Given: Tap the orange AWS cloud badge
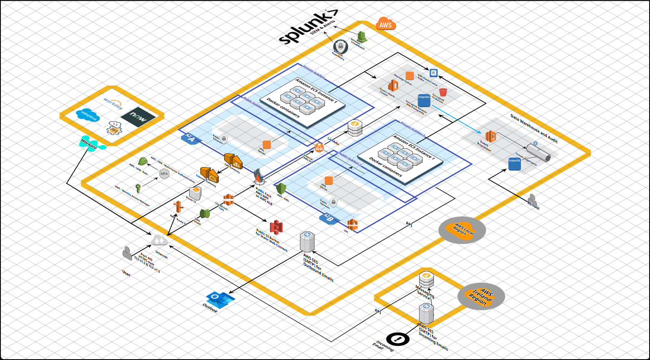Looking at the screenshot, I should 386,24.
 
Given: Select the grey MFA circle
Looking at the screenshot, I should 164,174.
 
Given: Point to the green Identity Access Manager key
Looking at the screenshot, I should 138,187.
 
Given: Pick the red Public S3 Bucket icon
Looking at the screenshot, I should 276,227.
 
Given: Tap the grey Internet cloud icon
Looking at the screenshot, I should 159,240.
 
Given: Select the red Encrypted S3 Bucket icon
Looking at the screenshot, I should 443,92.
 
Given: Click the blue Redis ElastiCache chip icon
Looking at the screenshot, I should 433,72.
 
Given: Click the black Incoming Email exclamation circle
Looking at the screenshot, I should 398,339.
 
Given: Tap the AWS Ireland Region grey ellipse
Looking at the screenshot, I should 481,297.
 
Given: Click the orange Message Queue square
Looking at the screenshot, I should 410,75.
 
